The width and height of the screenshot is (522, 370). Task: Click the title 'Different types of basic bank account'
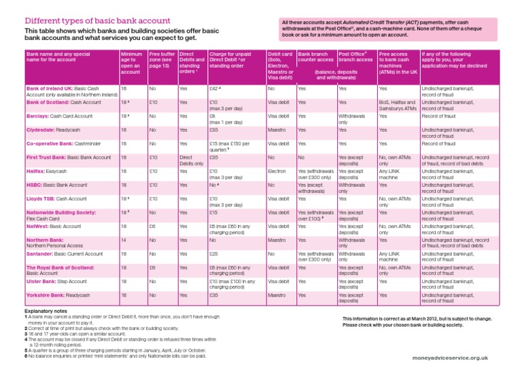(97, 20)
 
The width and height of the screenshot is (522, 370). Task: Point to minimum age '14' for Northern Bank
(123, 240)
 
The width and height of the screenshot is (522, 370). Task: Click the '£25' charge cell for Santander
(213, 253)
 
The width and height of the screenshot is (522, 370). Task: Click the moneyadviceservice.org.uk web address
(450, 356)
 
